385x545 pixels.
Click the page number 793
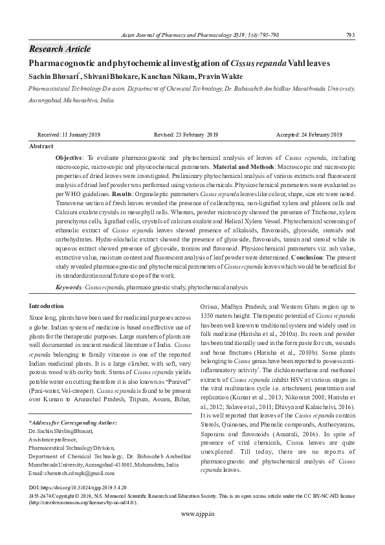click(350, 35)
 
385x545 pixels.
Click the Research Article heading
click(60, 49)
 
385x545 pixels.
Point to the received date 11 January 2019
click(69, 135)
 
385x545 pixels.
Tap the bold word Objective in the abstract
click(69, 157)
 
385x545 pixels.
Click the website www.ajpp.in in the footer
click(197, 531)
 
